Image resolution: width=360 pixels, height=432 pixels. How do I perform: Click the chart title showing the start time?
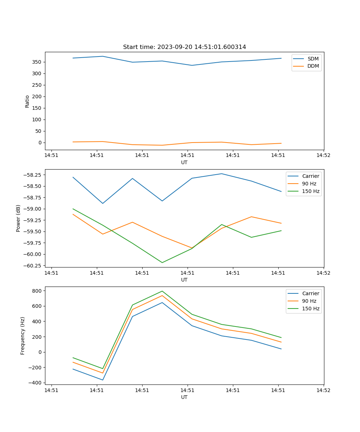pos(184,47)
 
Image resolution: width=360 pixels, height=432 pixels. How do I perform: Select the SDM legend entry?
pos(313,59)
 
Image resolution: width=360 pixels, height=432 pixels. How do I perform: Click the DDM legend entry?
pos(313,66)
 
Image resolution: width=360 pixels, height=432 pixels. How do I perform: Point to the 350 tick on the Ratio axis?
pos(37,62)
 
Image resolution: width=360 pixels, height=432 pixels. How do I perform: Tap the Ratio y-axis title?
pos(27,101)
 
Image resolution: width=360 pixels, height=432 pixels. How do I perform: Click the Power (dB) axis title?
pos(18,218)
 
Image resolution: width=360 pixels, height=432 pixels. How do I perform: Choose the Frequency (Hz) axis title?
pos(23,336)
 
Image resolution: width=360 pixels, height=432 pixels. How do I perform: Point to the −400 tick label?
pos(35,383)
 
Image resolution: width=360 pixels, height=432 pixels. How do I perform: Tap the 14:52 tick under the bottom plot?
pos(323,390)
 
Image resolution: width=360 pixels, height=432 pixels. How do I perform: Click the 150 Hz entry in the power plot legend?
pos(311,191)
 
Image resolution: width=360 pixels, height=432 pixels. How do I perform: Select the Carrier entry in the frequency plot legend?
pos(311,293)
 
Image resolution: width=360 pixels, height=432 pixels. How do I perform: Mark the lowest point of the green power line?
pos(162,262)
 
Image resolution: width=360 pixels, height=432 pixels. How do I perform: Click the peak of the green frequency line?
pos(162,291)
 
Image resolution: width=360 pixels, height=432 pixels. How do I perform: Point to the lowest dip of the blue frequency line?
pos(103,380)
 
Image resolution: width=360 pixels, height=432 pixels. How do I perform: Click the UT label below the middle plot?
pos(184,280)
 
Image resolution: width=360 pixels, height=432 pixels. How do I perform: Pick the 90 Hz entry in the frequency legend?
pos(309,301)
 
